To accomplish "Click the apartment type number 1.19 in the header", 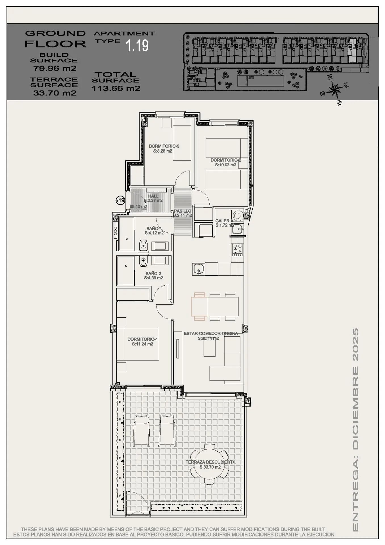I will click(137, 45).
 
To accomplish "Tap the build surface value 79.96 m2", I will click(55, 68).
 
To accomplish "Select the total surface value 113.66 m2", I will click(116, 88).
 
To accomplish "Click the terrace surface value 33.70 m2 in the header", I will click(55, 93).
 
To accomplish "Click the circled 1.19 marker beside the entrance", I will click(120, 200).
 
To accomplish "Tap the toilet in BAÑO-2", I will click(143, 261).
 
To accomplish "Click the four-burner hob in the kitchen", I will click(237, 249).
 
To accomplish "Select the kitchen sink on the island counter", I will click(198, 269).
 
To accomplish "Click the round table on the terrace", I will click(209, 464).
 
